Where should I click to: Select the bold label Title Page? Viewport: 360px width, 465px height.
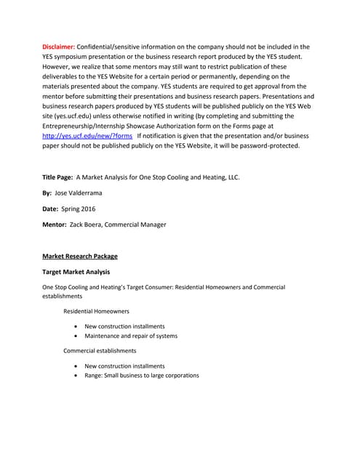point(57,177)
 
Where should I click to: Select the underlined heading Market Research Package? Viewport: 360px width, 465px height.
point(79,256)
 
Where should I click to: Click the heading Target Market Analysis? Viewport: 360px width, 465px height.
point(76,272)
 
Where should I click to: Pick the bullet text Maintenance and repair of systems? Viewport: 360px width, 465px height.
point(131,336)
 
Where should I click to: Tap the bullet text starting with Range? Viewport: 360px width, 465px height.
point(141,375)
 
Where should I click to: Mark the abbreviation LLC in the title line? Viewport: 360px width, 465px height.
point(232,177)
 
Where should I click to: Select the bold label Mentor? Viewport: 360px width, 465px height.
point(55,225)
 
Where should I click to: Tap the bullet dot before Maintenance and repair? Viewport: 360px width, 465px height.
point(76,336)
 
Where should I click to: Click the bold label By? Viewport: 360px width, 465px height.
point(47,193)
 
